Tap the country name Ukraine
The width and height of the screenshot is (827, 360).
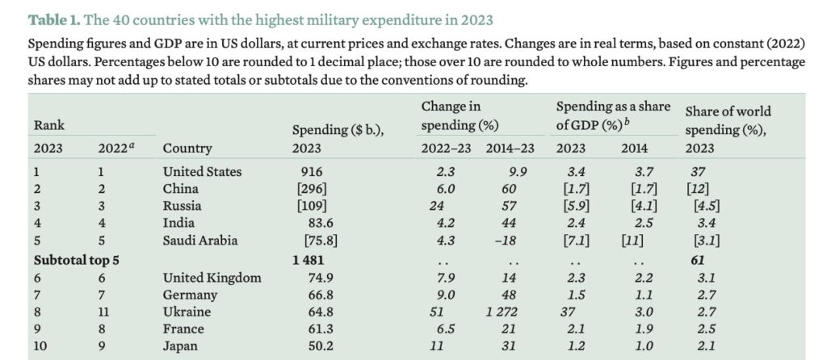187,312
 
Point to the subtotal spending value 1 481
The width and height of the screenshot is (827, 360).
309,260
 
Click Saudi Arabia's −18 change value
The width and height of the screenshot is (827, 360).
506,241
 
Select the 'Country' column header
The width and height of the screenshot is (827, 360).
187,148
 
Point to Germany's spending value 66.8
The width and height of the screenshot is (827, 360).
313,295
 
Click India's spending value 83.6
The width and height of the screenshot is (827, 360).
313,224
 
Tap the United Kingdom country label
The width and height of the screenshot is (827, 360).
212,278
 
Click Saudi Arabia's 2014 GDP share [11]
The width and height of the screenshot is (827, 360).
632,241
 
